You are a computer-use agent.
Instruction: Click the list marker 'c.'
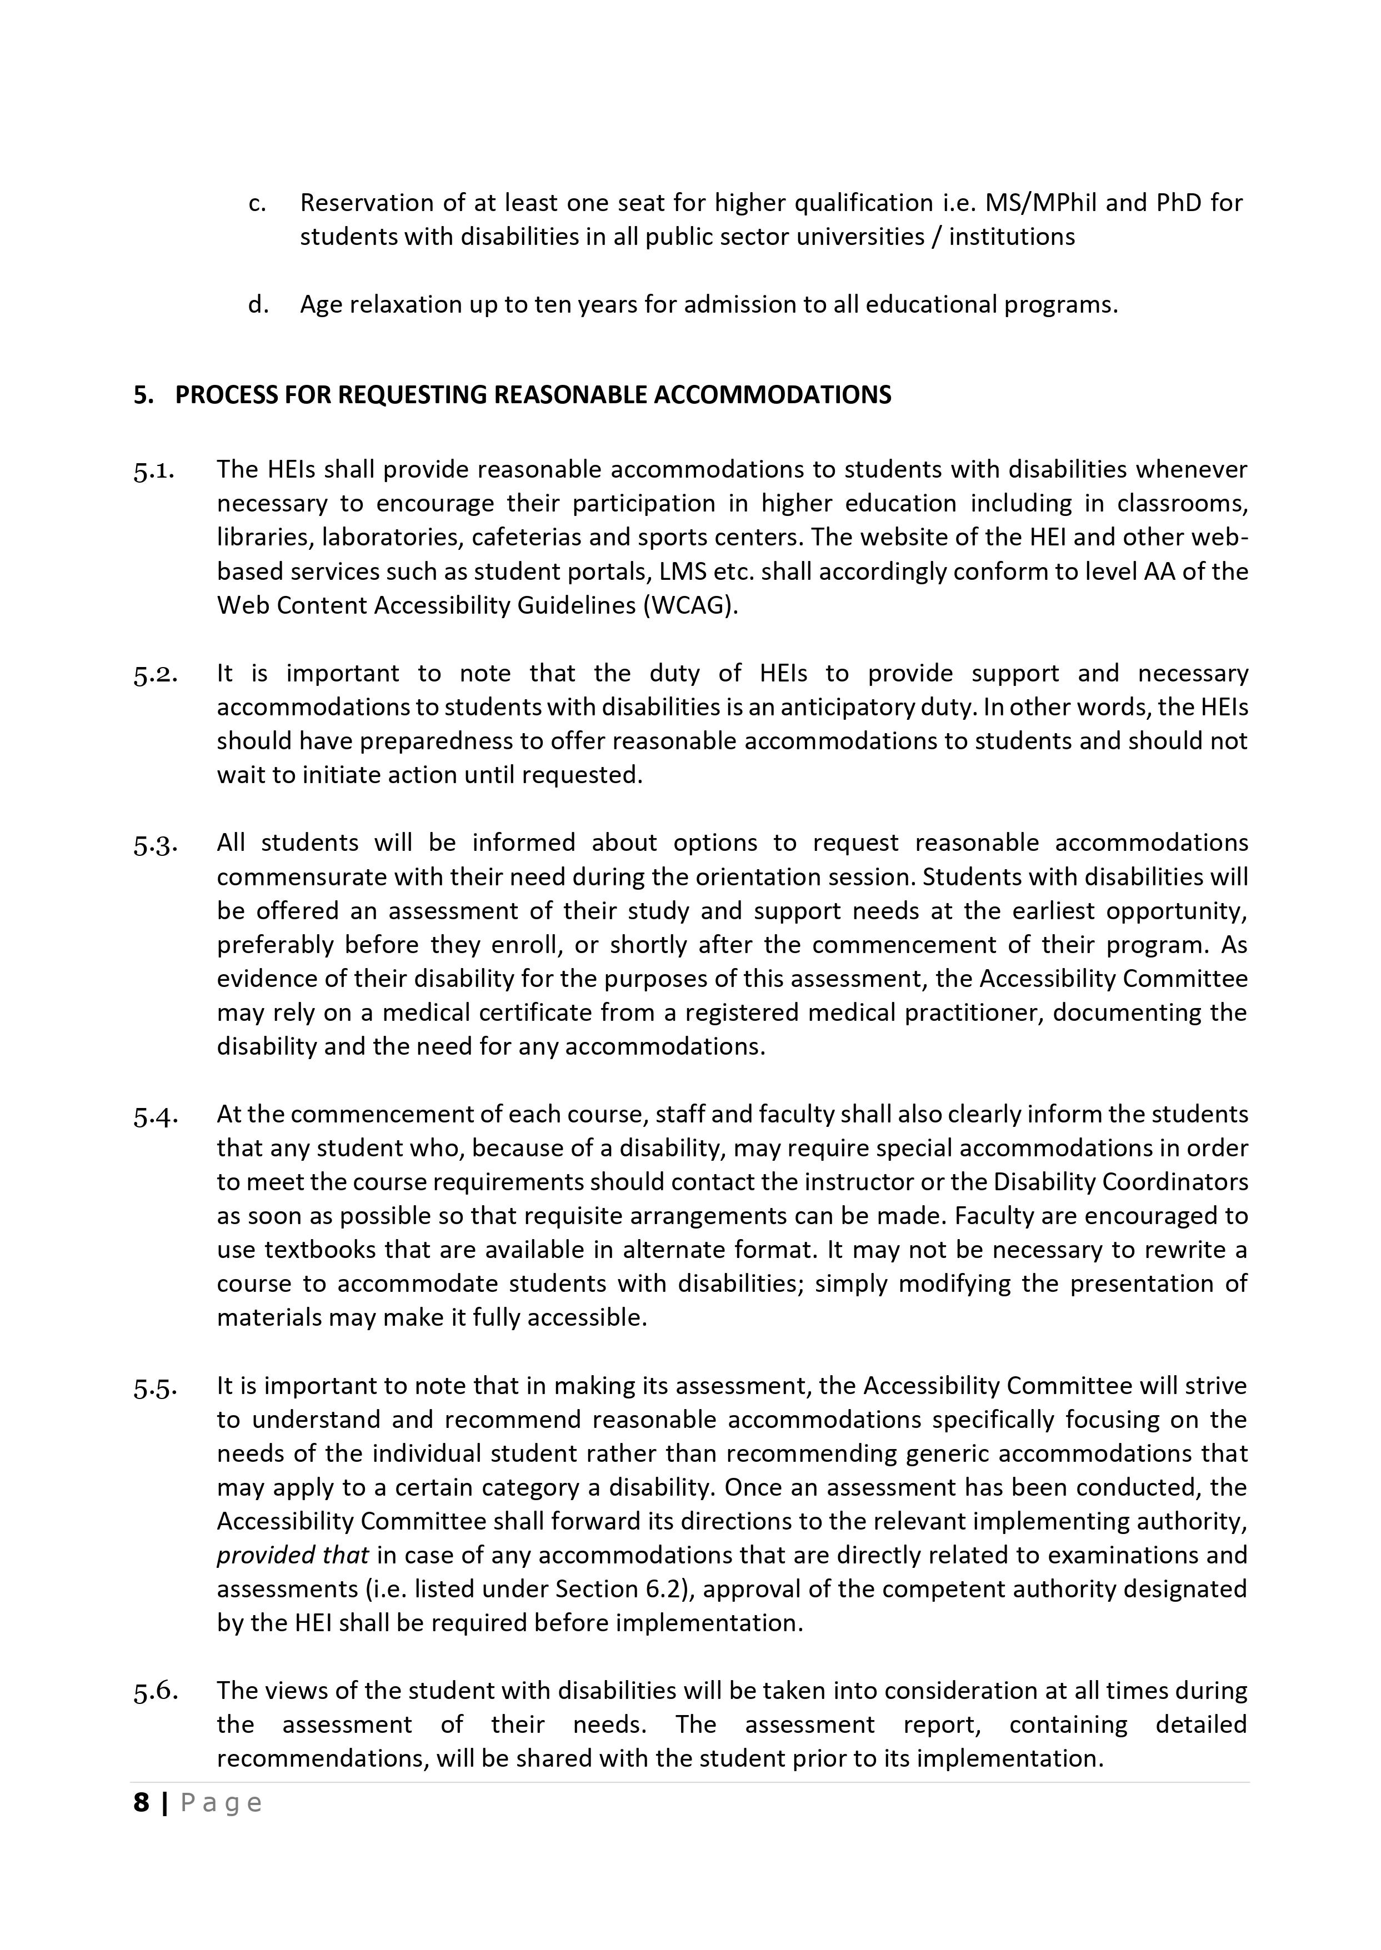(x=257, y=204)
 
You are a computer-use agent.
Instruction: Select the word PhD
(x=1177, y=203)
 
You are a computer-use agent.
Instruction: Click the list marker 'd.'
(x=258, y=304)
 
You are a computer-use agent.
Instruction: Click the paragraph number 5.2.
(x=155, y=675)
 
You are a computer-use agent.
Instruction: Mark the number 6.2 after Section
(x=659, y=1589)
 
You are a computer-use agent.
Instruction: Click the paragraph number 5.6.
(x=155, y=1692)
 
